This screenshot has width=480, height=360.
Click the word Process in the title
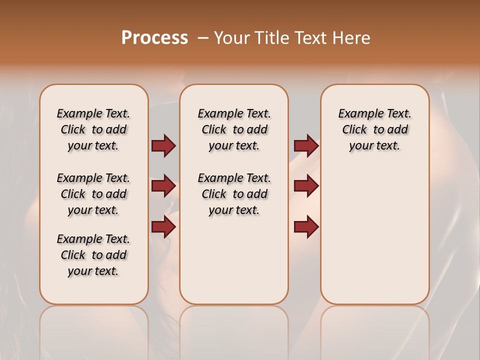(x=154, y=37)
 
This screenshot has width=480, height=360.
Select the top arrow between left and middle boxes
(x=163, y=146)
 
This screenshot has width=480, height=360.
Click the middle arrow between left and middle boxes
(x=163, y=186)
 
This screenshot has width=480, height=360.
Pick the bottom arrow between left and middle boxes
(x=163, y=227)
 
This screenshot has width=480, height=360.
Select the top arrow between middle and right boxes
(x=306, y=146)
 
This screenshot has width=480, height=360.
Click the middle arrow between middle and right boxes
(x=306, y=186)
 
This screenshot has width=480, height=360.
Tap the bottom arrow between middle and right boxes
(x=306, y=227)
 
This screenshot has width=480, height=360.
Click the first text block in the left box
(x=93, y=129)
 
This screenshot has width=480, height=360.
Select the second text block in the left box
(x=93, y=194)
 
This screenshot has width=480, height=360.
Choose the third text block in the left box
(x=93, y=255)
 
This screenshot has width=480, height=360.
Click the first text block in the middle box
(x=234, y=129)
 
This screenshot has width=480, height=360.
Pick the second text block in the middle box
(x=234, y=194)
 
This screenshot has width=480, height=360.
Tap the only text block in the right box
(x=374, y=129)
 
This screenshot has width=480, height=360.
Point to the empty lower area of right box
(x=374, y=235)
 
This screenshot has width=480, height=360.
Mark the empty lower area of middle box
(x=234, y=260)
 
